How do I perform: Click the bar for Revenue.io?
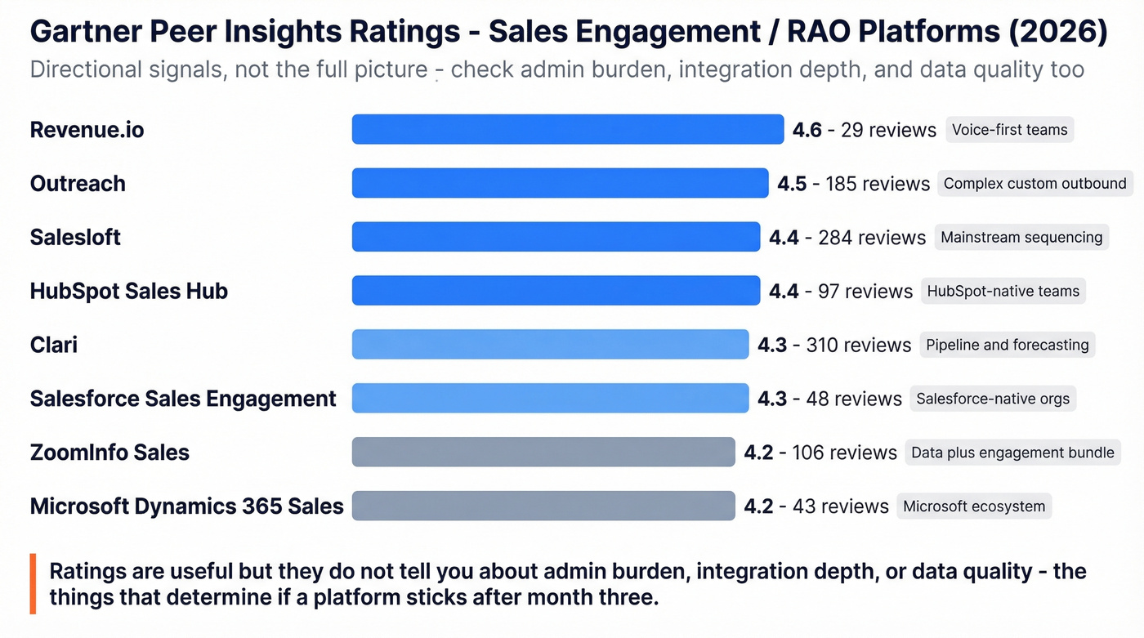point(567,129)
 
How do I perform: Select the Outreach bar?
point(560,183)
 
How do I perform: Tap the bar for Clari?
point(550,345)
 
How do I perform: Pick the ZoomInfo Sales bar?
point(543,452)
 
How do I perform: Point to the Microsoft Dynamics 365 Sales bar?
point(543,506)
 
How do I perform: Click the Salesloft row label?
point(75,237)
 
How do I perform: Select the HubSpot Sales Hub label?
point(128,291)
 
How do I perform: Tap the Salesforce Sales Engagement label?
point(183,399)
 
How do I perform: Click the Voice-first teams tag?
point(1009,129)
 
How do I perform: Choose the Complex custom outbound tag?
point(1035,183)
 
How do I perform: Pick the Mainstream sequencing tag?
point(1021,237)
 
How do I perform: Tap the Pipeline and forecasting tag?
point(1007,345)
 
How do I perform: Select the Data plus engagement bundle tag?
point(1012,452)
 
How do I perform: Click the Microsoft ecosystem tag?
point(973,506)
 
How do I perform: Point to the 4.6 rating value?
point(807,130)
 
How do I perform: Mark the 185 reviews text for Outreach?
point(877,184)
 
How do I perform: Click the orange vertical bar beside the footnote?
point(33,583)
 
